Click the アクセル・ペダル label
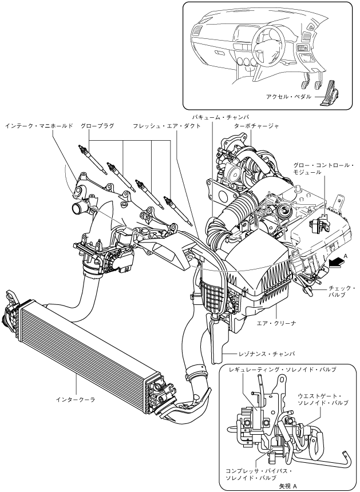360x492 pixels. (289, 97)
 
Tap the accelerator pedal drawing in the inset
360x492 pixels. (331, 93)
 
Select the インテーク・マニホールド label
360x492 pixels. (39, 126)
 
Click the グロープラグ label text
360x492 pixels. (97, 126)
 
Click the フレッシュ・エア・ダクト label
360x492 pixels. (167, 126)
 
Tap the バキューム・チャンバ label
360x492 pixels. (221, 117)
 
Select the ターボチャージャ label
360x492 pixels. (256, 126)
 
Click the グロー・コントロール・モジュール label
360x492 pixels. (323, 169)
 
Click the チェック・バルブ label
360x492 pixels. (342, 291)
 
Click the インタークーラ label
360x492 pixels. (76, 400)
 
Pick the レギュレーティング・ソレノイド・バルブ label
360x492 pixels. (283, 370)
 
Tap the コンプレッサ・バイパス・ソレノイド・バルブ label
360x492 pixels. (259, 475)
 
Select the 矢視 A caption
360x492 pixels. (288, 486)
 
